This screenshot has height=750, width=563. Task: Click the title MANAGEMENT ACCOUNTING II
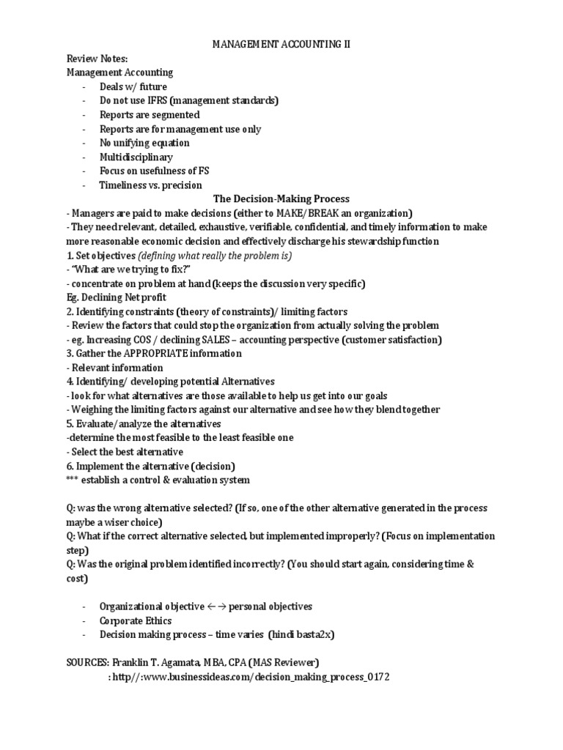click(281, 45)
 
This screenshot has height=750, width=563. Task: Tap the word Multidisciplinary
click(136, 157)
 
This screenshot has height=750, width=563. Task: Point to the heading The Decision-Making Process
click(281, 199)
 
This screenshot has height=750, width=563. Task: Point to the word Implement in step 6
click(102, 466)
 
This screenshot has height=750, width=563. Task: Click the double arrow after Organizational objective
click(218, 607)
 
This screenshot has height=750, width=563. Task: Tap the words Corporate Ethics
click(136, 621)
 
